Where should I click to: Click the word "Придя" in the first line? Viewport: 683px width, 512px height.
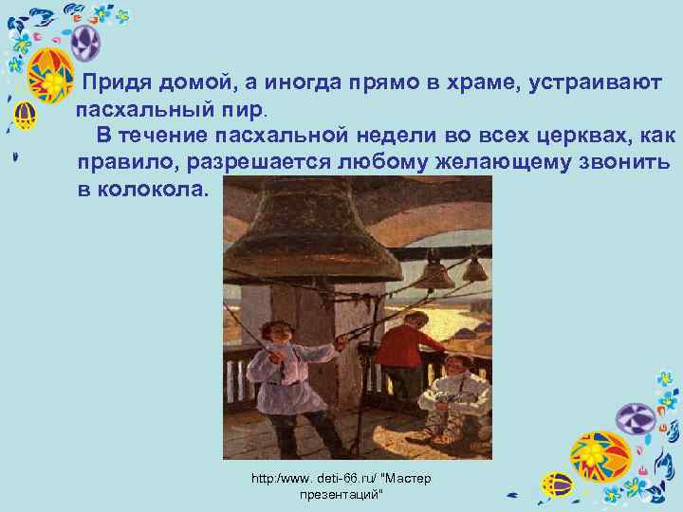[x=119, y=82]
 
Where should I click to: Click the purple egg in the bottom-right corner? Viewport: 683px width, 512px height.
[x=636, y=418]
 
